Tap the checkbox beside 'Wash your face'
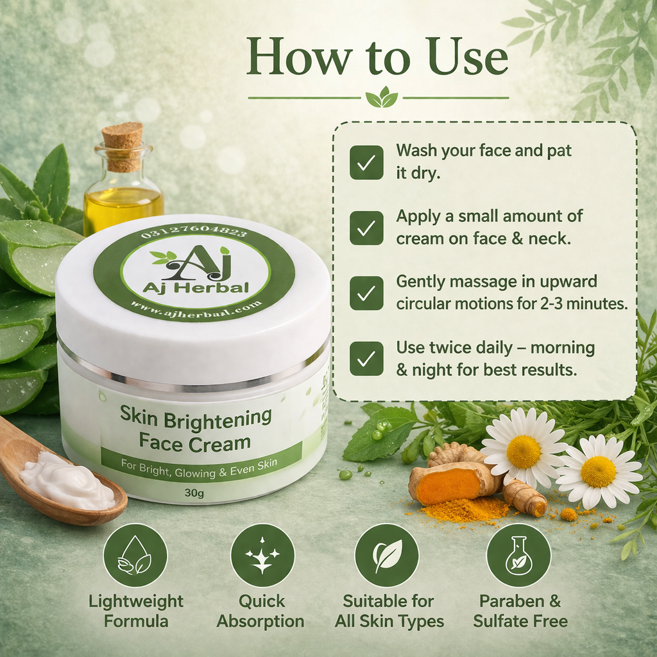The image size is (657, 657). click(366, 162)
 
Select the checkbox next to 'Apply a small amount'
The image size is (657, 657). click(366, 228)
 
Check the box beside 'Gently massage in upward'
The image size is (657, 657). click(366, 293)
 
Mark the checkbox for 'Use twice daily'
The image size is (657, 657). click(366, 359)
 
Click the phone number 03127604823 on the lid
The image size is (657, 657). click(194, 232)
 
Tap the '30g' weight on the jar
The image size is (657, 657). click(194, 493)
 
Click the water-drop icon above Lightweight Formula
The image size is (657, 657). click(135, 555)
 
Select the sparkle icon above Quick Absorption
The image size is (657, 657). click(262, 555)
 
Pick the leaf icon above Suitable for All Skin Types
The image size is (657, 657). click(387, 555)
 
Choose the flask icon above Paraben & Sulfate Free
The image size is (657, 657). click(518, 555)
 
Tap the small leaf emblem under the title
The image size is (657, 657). click(382, 98)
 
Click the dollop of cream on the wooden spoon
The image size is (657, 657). click(67, 481)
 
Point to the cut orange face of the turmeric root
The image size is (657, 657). click(449, 486)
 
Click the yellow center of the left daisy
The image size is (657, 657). click(524, 452)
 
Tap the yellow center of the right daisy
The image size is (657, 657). click(599, 472)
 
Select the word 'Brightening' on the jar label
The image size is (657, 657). click(218, 419)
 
